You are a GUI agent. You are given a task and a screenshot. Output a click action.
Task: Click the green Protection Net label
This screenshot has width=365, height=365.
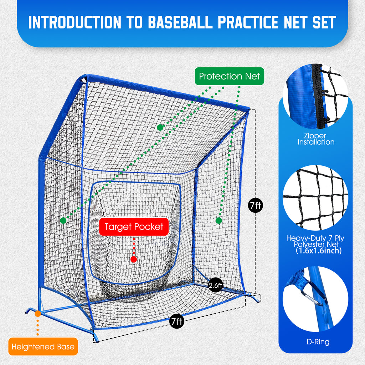tap(230, 76)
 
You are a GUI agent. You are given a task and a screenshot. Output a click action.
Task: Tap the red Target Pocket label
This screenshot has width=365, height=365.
tap(134, 227)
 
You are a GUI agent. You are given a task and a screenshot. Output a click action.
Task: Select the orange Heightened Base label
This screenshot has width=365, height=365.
tap(43, 346)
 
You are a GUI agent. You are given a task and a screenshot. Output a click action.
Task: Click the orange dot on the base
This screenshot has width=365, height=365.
tap(38, 314)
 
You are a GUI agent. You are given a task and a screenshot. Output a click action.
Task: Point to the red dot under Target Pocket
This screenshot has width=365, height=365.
tap(134, 259)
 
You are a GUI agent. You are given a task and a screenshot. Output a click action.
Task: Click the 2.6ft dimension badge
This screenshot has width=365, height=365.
tap(215, 285)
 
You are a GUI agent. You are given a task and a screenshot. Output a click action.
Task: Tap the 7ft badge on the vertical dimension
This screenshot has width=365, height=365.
tap(256, 205)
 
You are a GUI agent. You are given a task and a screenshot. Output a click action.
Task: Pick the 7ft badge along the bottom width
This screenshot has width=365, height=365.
tap(176, 322)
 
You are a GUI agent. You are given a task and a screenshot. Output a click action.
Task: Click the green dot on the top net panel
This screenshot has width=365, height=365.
tap(160, 127)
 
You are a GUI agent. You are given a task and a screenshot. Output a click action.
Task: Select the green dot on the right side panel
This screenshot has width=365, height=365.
tap(219, 221)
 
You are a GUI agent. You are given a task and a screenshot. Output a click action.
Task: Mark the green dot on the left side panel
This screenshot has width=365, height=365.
tap(63, 221)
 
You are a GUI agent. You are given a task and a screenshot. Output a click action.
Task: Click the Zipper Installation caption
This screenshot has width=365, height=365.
tap(315, 139)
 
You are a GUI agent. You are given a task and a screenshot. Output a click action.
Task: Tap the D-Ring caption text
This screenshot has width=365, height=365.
tap(318, 342)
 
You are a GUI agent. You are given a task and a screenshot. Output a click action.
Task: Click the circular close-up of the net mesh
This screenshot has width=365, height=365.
tap(315, 197)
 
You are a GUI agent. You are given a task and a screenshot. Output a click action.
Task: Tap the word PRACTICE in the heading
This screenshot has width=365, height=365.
tap(251, 22)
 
